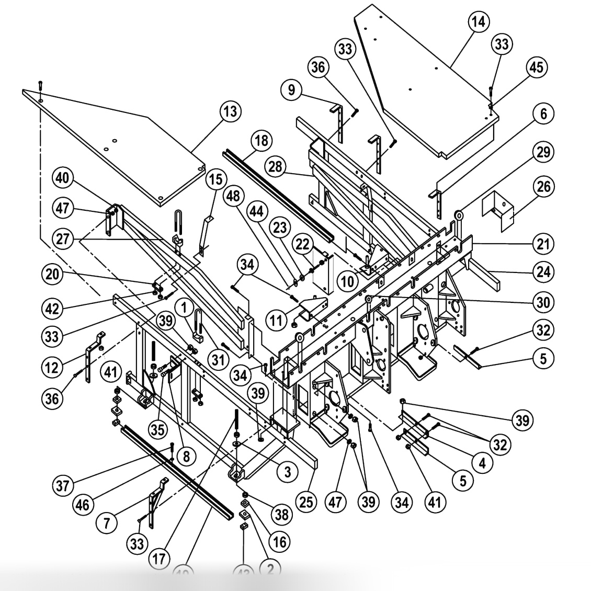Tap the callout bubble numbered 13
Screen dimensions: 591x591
[231, 111]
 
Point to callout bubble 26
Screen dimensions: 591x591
[544, 186]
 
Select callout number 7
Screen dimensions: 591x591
[107, 524]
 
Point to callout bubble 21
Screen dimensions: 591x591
[544, 243]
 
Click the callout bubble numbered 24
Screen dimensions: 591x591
[544, 271]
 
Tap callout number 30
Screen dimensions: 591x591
[544, 302]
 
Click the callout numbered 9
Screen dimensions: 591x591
[291, 90]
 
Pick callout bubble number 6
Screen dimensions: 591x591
[544, 113]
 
